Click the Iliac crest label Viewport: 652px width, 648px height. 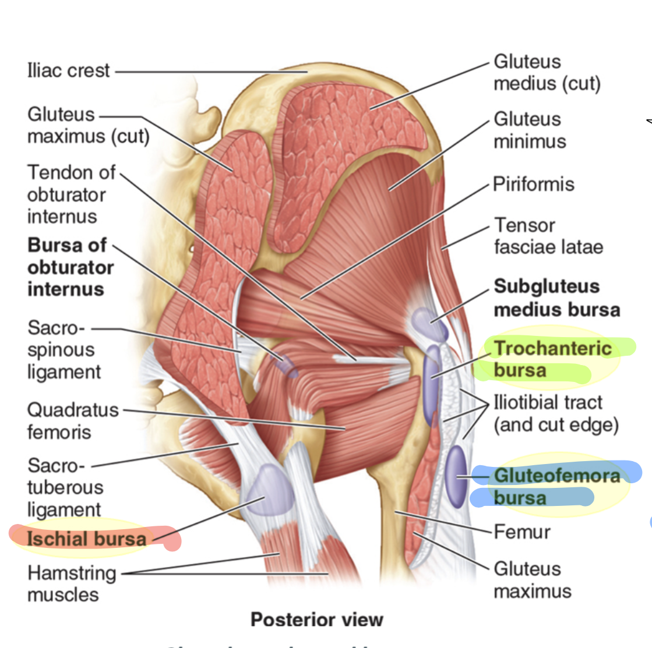pos(68,70)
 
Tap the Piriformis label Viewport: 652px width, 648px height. pos(533,185)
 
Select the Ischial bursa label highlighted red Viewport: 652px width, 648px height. pos(86,539)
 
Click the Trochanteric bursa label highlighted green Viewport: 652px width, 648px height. pos(552,359)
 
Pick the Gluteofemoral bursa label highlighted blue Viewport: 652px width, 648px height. pos(556,486)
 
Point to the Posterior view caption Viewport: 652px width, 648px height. pos(316,619)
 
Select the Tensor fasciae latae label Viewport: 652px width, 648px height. pos(548,236)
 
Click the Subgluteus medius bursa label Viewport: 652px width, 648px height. pos(556,298)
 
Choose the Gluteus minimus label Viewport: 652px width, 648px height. pos(529,130)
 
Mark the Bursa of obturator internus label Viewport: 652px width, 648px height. pos(70,267)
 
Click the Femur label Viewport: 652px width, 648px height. pos(521,532)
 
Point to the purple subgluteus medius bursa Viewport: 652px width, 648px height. pos(429,323)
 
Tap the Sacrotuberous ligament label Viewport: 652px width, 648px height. pos(64,487)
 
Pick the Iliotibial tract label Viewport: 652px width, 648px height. pos(556,413)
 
